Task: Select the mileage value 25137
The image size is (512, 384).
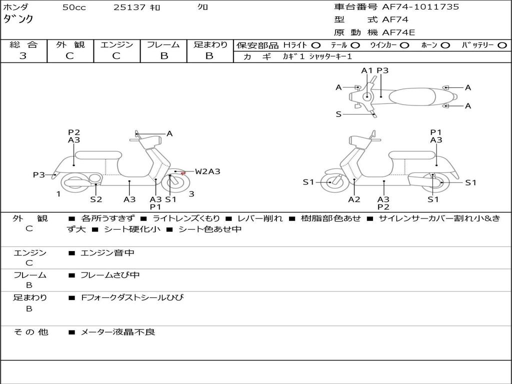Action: tap(129, 7)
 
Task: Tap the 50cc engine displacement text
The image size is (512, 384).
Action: tap(74, 7)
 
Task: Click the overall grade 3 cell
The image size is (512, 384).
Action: tap(23, 55)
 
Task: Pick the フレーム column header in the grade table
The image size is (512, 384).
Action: tap(163, 44)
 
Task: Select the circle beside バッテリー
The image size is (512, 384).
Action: tap(502, 45)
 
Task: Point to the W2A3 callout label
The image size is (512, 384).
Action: tap(207, 171)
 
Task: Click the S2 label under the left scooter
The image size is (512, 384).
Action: tap(96, 199)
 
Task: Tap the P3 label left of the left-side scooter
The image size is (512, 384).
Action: tap(39, 175)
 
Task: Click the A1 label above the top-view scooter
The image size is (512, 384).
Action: tap(367, 70)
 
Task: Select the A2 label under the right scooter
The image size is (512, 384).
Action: tap(354, 199)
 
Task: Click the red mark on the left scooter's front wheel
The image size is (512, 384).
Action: tap(183, 173)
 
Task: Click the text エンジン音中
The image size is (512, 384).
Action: tap(107, 253)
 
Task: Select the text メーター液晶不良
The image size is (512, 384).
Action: tap(117, 332)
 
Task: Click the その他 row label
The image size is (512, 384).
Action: tap(30, 332)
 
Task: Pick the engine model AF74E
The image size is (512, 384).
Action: tap(398, 32)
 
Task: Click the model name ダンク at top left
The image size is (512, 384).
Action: tap(19, 18)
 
